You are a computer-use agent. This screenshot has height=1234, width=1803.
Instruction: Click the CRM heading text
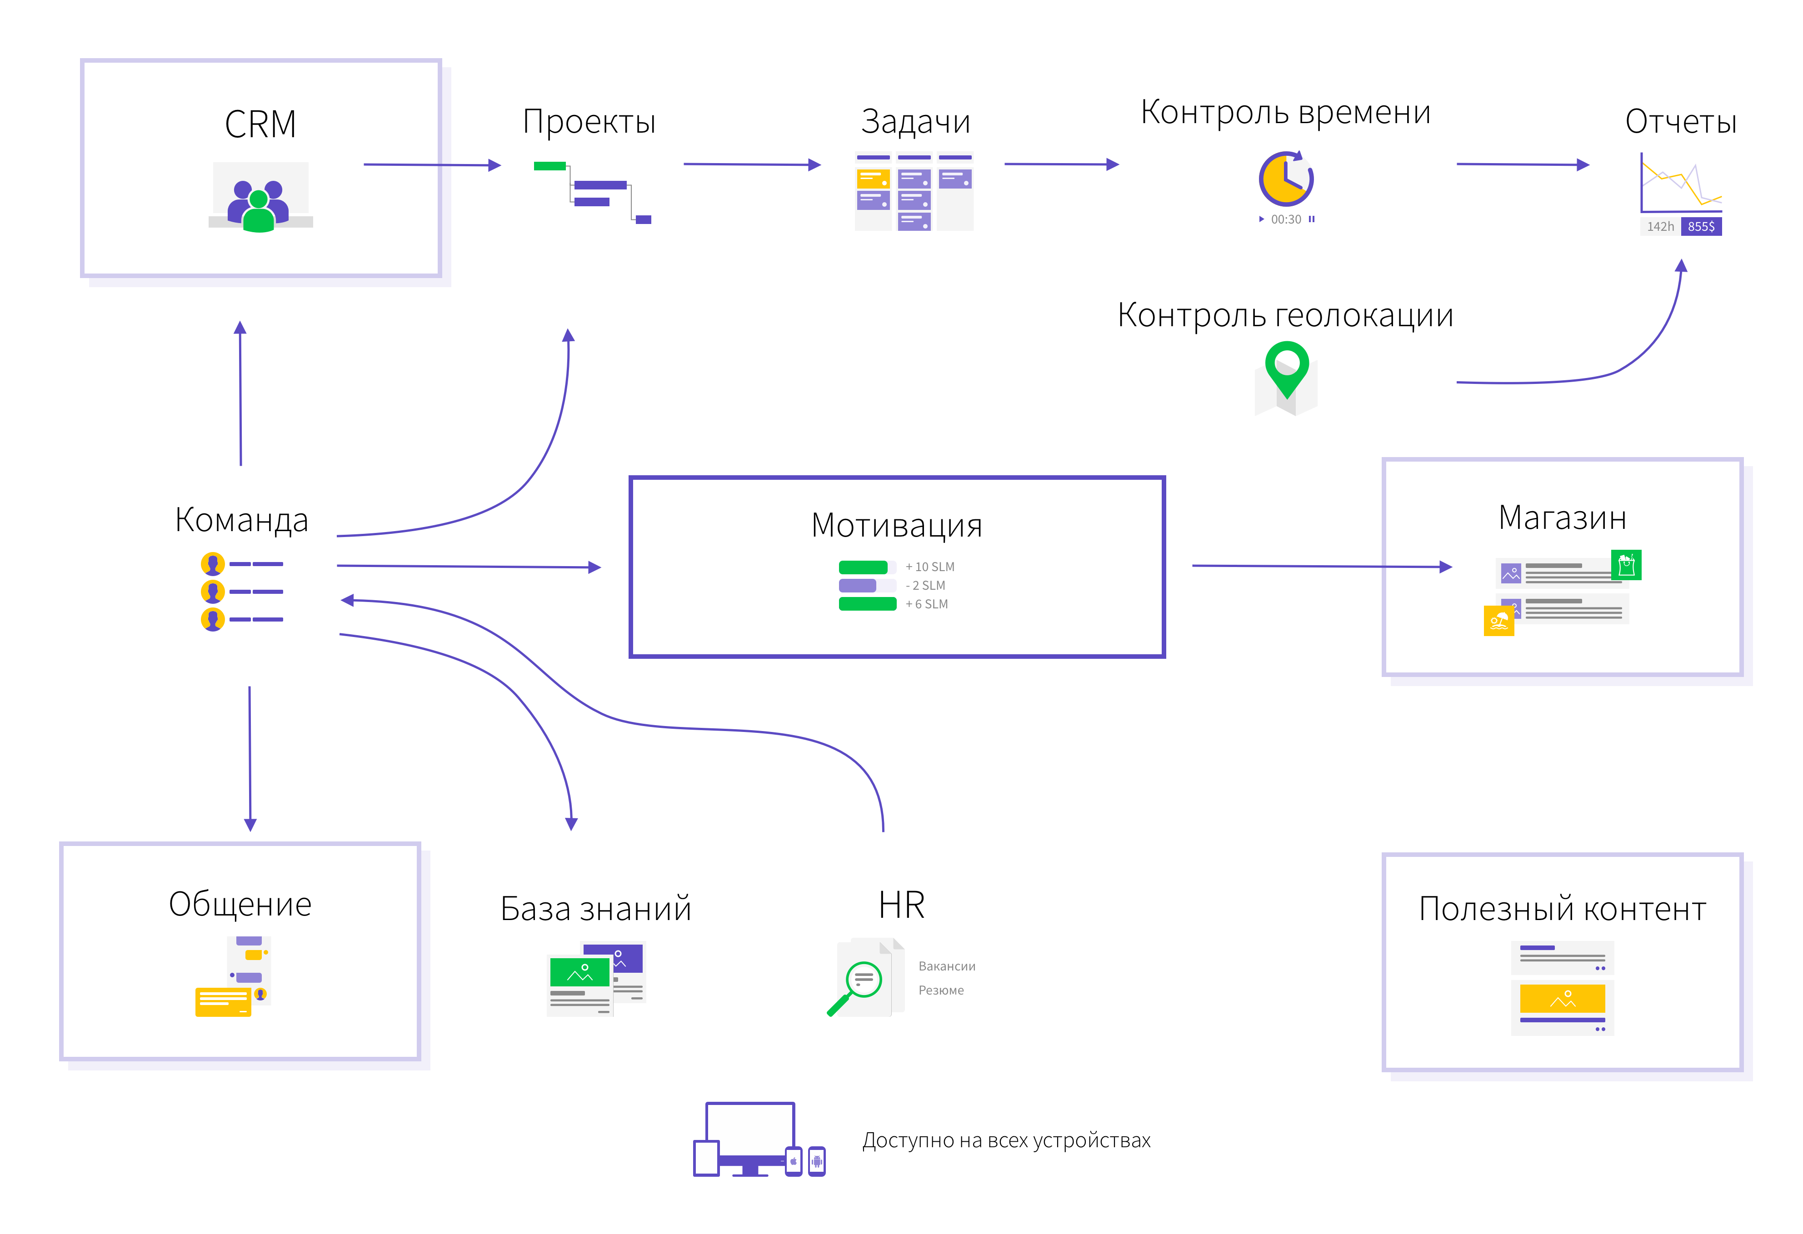point(261,124)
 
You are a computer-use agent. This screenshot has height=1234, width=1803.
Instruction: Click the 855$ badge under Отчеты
point(1701,226)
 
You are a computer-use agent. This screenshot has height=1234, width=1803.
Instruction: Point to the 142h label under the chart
point(1660,226)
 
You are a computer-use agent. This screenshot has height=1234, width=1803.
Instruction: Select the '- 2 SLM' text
point(925,586)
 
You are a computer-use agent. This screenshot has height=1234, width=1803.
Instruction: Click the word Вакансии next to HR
point(947,966)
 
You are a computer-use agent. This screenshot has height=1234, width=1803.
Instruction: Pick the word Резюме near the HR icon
point(941,990)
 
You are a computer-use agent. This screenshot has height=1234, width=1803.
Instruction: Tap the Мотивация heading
point(897,526)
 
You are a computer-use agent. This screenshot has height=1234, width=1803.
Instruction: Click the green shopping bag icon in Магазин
point(1626,565)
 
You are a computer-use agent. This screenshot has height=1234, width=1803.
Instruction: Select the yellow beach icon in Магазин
point(1499,621)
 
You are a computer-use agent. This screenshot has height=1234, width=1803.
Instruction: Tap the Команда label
point(241,520)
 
